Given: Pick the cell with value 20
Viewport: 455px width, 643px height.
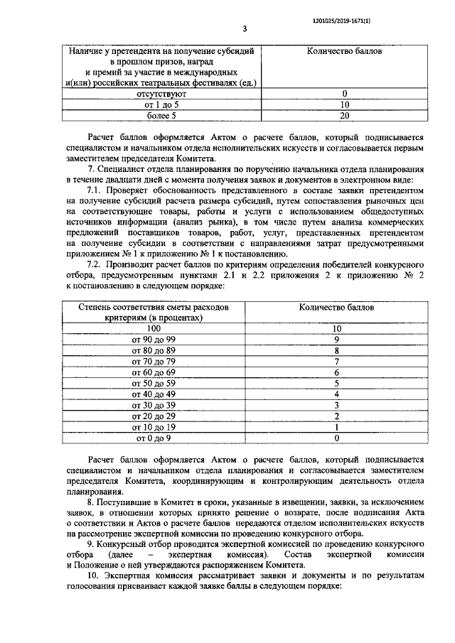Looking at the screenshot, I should tap(344, 114).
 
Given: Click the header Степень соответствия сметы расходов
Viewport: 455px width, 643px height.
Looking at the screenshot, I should tap(154, 308).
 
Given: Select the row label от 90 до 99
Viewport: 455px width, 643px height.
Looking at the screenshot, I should tap(154, 340).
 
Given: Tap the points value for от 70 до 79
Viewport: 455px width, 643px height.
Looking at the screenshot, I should tap(337, 362).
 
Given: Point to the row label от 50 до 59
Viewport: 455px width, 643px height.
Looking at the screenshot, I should tap(154, 384).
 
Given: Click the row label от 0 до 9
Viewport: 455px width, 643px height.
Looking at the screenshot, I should tap(154, 438).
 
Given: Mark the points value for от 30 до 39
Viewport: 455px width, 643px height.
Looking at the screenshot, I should tap(337, 405).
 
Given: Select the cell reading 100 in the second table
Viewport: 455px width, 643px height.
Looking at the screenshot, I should tap(154, 329).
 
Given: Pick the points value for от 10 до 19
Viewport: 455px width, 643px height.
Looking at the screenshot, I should tap(337, 427).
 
